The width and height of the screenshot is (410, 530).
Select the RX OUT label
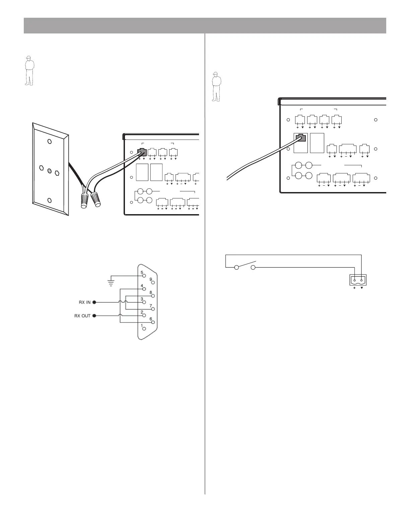point(82,316)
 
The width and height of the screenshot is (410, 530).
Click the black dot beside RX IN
point(94,302)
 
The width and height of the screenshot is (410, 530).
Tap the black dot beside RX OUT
point(94,316)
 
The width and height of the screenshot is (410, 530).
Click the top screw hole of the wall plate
point(50,142)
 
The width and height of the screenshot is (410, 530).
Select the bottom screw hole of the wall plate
point(50,200)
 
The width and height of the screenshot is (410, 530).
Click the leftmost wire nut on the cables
point(85,200)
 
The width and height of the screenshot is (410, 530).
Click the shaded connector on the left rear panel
point(142,152)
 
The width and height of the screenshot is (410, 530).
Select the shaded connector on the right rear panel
point(300,138)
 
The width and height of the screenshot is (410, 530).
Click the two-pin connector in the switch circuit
point(358,280)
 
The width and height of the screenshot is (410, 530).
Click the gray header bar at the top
point(205,25)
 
